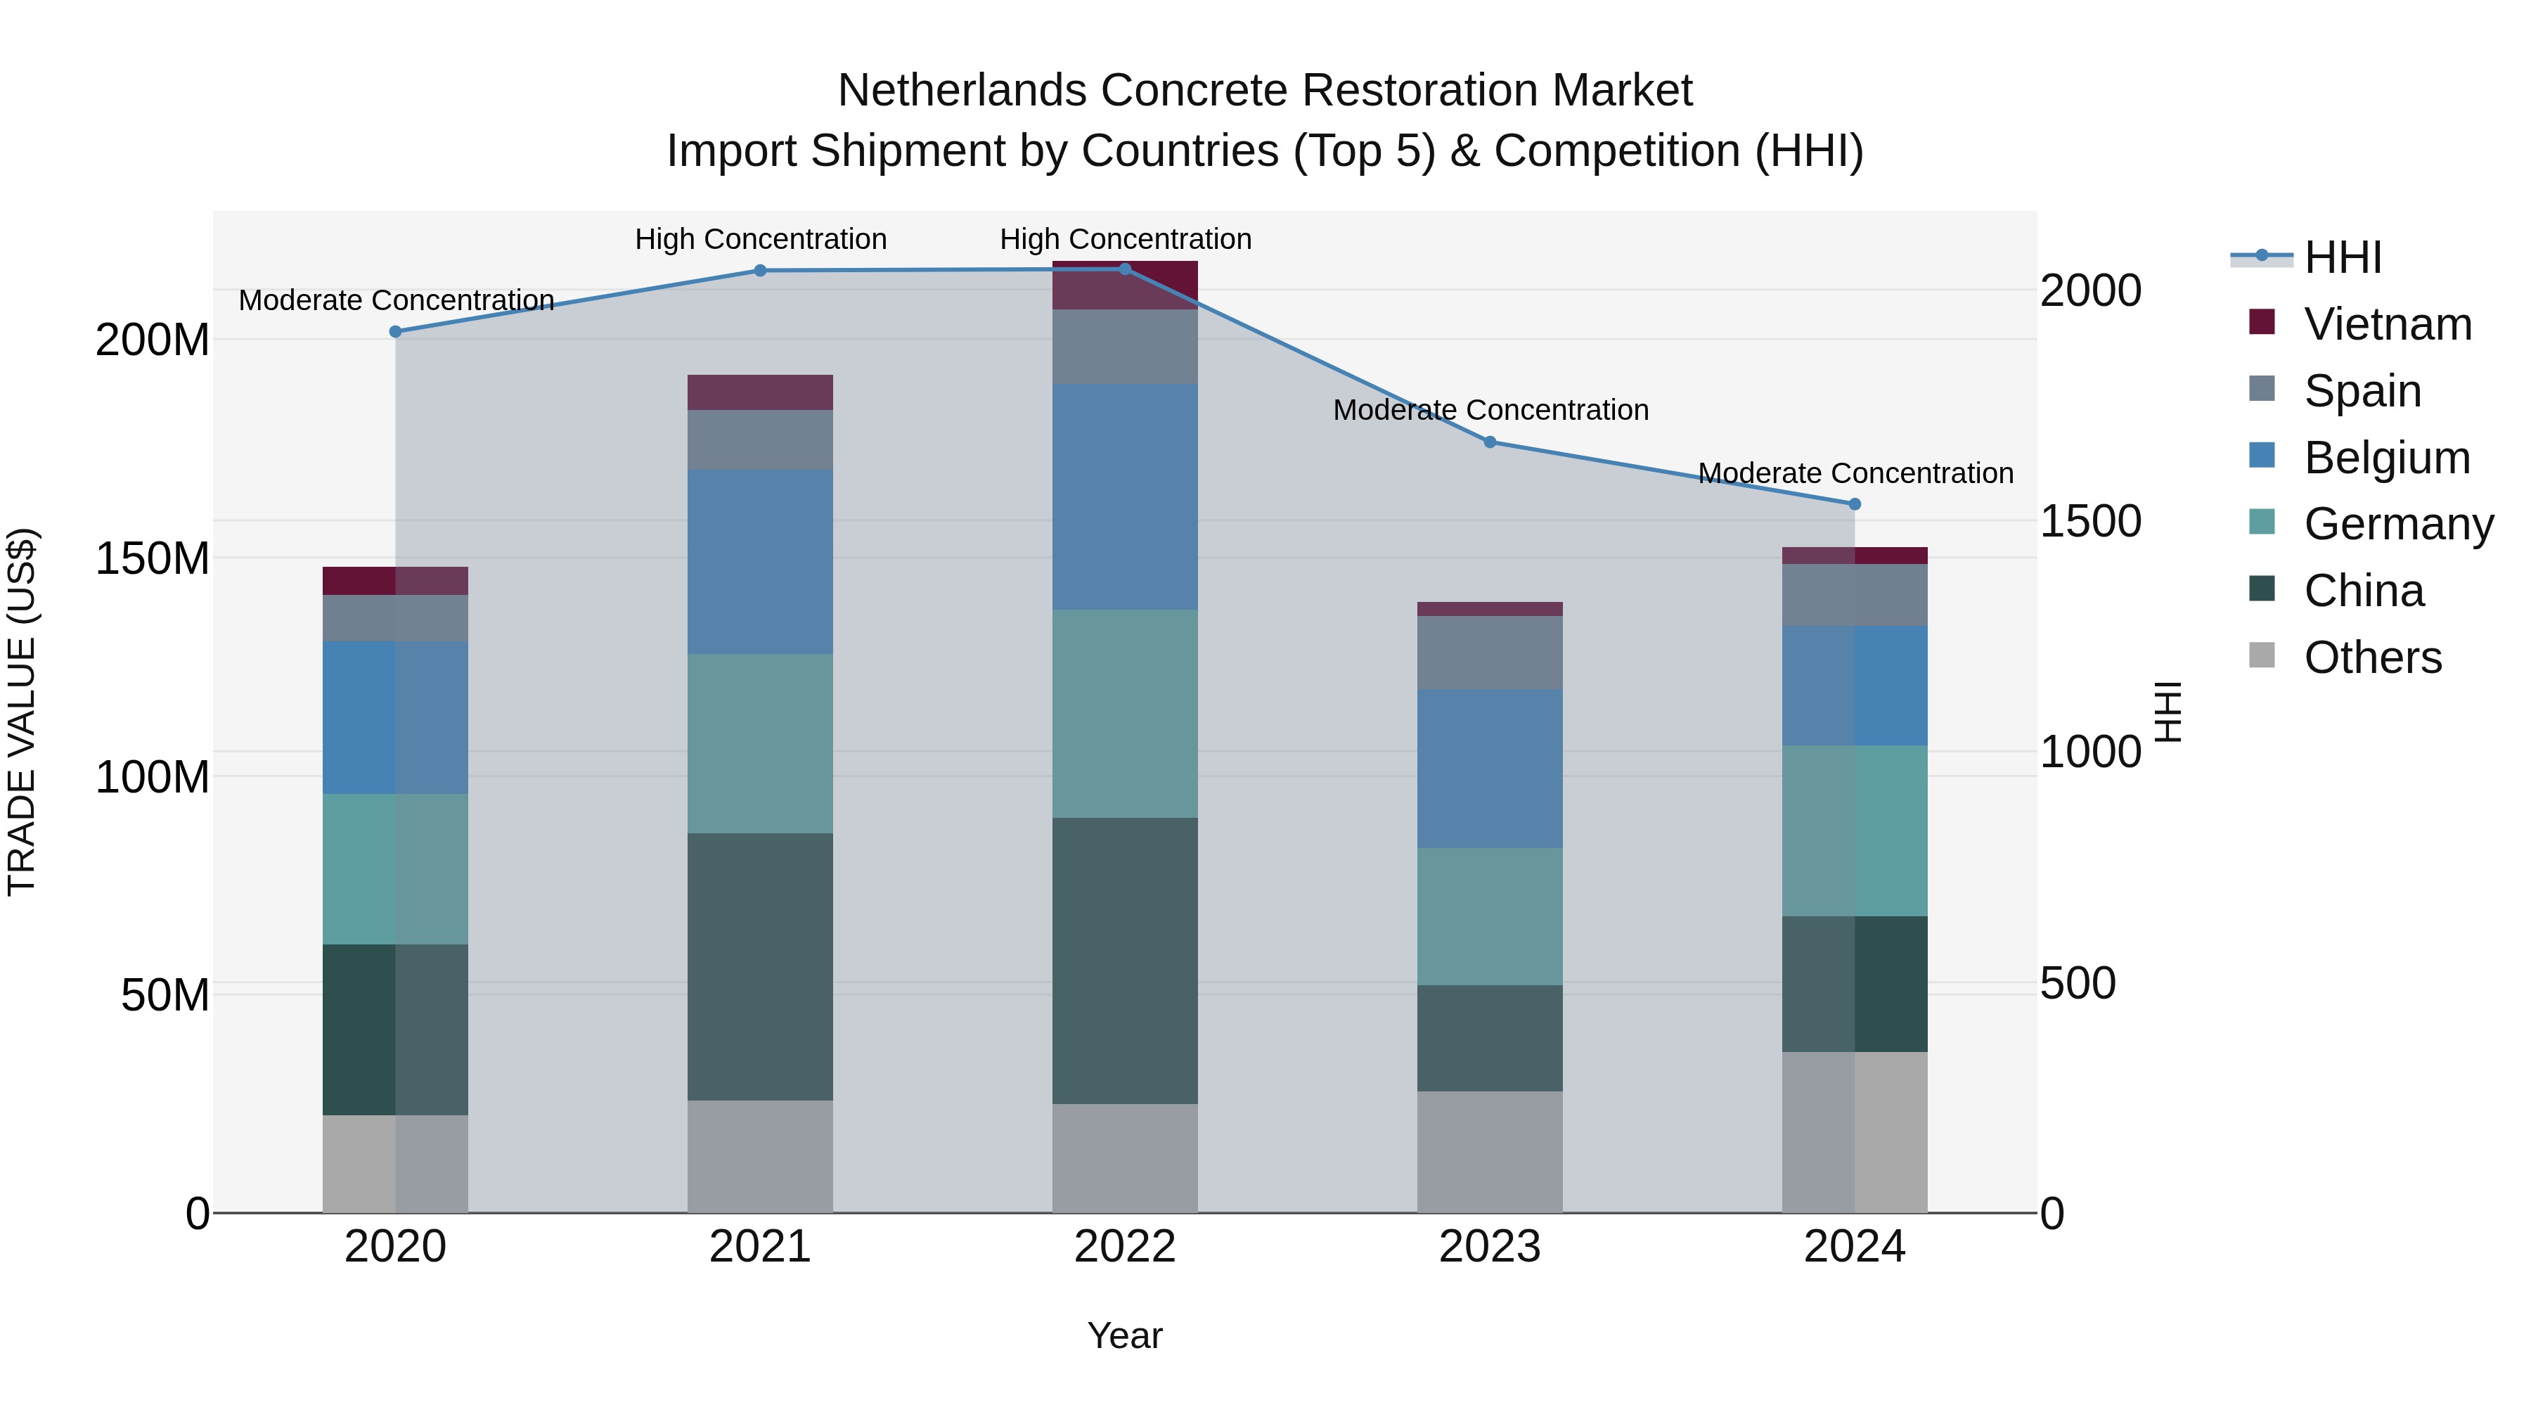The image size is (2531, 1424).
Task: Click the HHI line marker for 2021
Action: (x=759, y=270)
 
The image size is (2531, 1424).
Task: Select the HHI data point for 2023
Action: (x=1490, y=442)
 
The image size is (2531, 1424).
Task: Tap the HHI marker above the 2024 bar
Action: (x=1854, y=504)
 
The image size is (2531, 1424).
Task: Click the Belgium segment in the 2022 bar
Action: (x=1124, y=496)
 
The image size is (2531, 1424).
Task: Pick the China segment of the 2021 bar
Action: (x=759, y=966)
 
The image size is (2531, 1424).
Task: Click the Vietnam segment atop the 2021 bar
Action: (x=759, y=392)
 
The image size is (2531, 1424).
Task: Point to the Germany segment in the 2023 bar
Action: (x=1490, y=916)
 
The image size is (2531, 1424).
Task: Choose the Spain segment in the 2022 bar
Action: (x=1124, y=346)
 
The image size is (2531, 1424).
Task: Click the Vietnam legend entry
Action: (x=2387, y=324)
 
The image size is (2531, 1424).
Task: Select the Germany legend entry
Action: (x=2397, y=524)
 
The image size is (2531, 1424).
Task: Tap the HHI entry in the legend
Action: (x=2343, y=257)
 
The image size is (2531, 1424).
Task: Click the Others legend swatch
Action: (x=2262, y=655)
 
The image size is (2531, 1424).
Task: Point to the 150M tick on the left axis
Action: (x=153, y=558)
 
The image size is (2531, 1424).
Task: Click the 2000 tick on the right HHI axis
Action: (x=2090, y=291)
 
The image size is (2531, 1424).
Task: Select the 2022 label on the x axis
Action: (x=1124, y=1247)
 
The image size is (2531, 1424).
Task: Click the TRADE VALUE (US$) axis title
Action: (x=22, y=712)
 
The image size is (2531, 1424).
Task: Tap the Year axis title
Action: (x=1124, y=1335)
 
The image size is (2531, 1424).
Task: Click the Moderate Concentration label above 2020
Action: (x=396, y=300)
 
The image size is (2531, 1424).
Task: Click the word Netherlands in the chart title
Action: (x=961, y=91)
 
